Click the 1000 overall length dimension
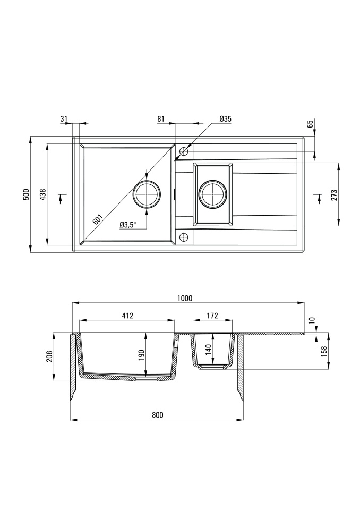point(185,298)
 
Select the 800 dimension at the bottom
point(157,415)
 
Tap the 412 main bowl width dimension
point(128,316)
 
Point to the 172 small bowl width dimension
point(212,316)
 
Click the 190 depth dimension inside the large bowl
point(141,355)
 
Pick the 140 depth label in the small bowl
point(209,350)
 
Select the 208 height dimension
point(49,357)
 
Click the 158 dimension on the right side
point(324,351)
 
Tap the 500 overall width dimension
point(27,194)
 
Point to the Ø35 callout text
point(225,118)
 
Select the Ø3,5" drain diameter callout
point(127,225)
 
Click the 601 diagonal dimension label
point(98,219)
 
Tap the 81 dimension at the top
point(161,118)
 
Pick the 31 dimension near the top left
point(64,118)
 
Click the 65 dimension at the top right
point(310,124)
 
